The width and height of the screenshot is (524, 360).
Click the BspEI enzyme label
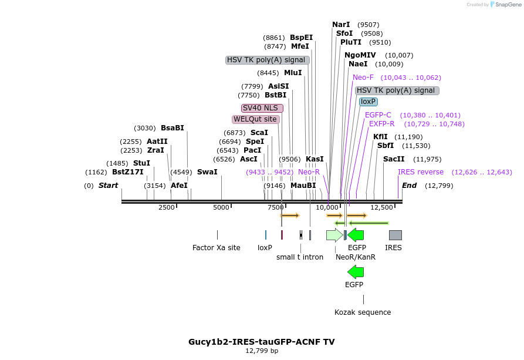coord(301,38)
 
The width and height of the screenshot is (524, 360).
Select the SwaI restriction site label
coord(207,172)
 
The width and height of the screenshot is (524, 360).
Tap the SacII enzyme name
coord(394,159)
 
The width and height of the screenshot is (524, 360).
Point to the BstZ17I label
coord(127,172)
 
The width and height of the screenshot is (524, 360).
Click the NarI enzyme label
coord(341,25)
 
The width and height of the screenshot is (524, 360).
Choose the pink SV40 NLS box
coord(262,108)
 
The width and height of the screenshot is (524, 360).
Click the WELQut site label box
coord(255,119)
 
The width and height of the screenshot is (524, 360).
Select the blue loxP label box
coord(369,102)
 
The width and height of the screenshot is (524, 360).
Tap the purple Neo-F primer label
coord(363,78)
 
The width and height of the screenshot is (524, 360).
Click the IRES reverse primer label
coord(421,172)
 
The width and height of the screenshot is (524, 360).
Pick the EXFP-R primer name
coord(382,124)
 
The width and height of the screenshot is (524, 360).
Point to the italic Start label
coord(108,186)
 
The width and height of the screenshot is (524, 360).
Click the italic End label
coord(409,186)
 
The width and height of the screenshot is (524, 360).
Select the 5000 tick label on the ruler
coord(221,207)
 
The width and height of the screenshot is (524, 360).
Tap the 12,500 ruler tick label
coord(383,207)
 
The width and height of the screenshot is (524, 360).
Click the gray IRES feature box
coord(395,235)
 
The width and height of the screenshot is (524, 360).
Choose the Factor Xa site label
coord(217,248)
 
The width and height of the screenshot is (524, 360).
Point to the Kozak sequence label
coord(363,312)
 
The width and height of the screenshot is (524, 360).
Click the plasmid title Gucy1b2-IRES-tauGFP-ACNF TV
coord(262,342)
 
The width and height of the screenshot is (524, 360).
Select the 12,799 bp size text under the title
coord(262,351)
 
